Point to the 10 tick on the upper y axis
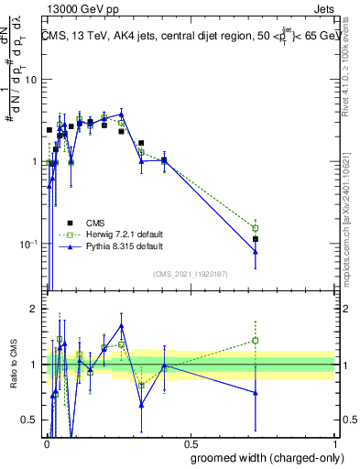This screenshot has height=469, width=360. (x=30, y=80)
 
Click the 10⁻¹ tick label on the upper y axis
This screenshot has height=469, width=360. (x=28, y=244)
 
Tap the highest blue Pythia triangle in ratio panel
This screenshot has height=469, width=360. (x=121, y=325)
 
